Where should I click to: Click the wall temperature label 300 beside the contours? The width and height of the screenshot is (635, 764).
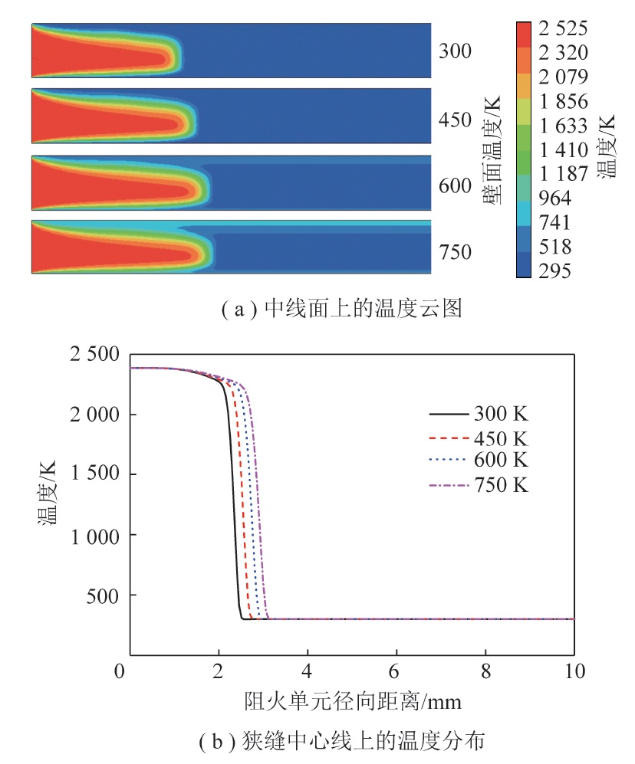[x=456, y=51]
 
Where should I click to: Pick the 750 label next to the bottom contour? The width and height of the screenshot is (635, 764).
[x=456, y=252]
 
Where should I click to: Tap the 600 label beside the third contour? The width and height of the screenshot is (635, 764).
[x=456, y=185]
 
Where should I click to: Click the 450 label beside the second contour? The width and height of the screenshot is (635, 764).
[x=456, y=119]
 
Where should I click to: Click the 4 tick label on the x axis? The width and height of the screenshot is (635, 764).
[x=307, y=673]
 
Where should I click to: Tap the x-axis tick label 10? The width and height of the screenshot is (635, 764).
[x=573, y=673]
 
